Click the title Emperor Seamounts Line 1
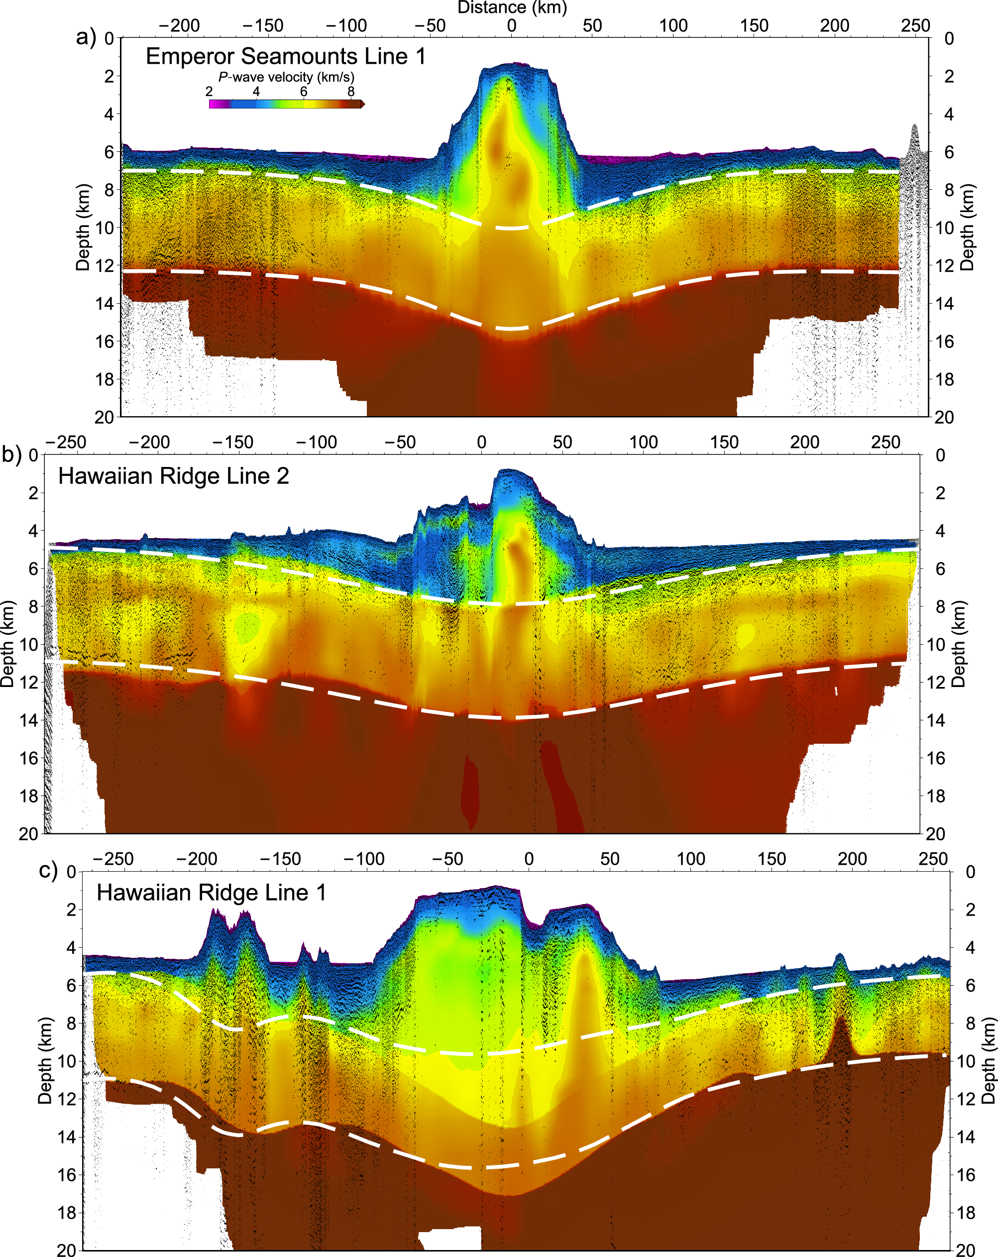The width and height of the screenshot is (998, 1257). (x=285, y=57)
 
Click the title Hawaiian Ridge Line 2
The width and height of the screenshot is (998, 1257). (x=173, y=476)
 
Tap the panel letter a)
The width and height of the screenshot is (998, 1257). (x=86, y=37)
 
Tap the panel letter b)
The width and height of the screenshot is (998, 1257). (x=11, y=454)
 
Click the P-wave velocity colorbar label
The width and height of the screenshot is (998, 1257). (x=286, y=77)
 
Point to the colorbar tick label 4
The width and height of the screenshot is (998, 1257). (x=256, y=92)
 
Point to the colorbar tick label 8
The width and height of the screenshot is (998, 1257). (x=350, y=92)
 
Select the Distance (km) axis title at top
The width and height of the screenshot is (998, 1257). (x=512, y=7)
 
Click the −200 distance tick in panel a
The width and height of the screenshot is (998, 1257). (x=180, y=26)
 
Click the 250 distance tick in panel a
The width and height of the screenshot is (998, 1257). (x=915, y=26)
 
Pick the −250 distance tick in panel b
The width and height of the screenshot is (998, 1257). (x=65, y=442)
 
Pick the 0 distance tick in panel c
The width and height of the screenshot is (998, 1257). (x=529, y=859)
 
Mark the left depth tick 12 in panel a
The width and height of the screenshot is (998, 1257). (x=105, y=266)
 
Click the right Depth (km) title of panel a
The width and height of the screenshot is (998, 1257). (x=967, y=228)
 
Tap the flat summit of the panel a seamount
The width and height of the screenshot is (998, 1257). (x=513, y=66)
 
